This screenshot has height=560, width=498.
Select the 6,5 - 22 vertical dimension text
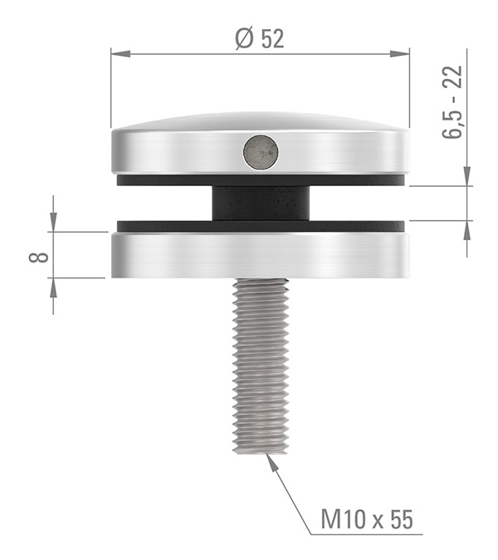(x=452, y=104)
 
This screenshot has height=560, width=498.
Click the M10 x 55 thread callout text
(x=366, y=520)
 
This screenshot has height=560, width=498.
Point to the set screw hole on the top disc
(x=261, y=152)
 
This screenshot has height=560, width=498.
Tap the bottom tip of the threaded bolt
(x=262, y=450)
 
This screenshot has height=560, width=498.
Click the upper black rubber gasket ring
(x=166, y=179)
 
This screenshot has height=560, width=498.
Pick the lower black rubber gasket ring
(x=166, y=225)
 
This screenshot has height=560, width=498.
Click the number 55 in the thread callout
(x=400, y=520)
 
